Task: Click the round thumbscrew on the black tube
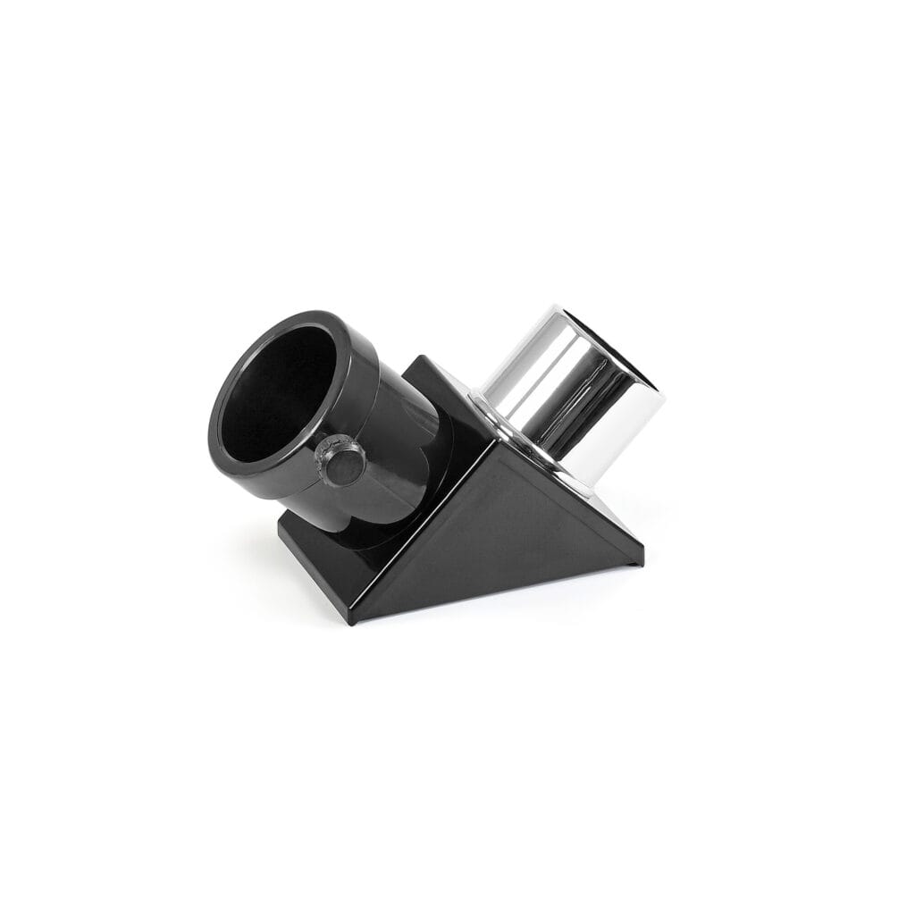[x=346, y=462]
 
